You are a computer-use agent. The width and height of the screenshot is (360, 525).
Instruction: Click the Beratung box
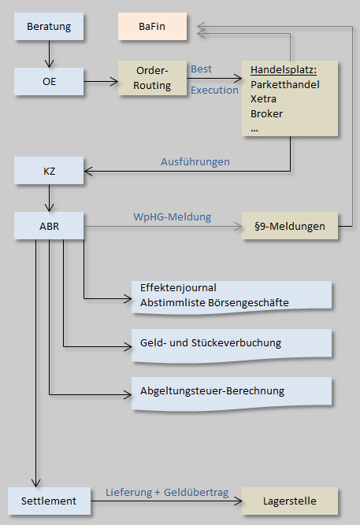pos(49,27)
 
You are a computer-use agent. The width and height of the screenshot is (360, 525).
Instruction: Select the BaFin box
pos(152,27)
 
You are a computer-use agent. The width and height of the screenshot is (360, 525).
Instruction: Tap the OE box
pos(49,81)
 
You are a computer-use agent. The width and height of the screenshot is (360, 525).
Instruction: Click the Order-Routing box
pos(152,78)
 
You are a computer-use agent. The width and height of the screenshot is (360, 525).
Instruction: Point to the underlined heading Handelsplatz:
pos(284,70)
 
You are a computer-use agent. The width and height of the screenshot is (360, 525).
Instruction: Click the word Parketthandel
pos(285,84)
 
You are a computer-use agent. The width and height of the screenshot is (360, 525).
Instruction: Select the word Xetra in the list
pos(263,98)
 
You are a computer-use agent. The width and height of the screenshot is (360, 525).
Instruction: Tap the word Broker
pos(266,113)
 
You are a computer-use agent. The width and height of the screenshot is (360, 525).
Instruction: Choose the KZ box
pos(49,171)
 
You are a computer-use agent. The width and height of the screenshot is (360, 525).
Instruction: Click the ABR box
pos(49,226)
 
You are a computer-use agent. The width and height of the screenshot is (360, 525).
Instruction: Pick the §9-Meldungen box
pos(290,226)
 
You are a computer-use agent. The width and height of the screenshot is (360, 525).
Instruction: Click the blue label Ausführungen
pos(195,161)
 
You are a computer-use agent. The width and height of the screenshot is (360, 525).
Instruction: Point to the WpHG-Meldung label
pos(173,216)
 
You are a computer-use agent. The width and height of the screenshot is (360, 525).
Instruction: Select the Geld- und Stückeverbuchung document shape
pos(232,346)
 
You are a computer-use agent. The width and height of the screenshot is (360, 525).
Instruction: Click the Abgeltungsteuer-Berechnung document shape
pos(232,394)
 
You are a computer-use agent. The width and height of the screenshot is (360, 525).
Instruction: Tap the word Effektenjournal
pos(178,287)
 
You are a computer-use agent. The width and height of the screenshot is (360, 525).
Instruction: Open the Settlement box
pos(49,501)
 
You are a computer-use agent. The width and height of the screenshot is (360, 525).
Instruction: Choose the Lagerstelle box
pos(290,501)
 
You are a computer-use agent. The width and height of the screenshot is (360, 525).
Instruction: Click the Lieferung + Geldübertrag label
pos(167,492)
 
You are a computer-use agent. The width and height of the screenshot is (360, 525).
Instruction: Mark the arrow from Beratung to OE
pos(50,54)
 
